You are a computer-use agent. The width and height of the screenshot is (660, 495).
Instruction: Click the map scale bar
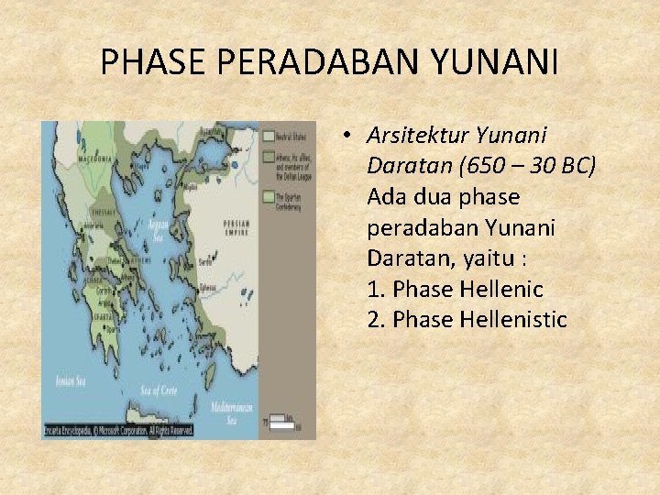(284, 423)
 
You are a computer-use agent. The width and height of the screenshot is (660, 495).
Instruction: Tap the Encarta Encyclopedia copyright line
(119, 430)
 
